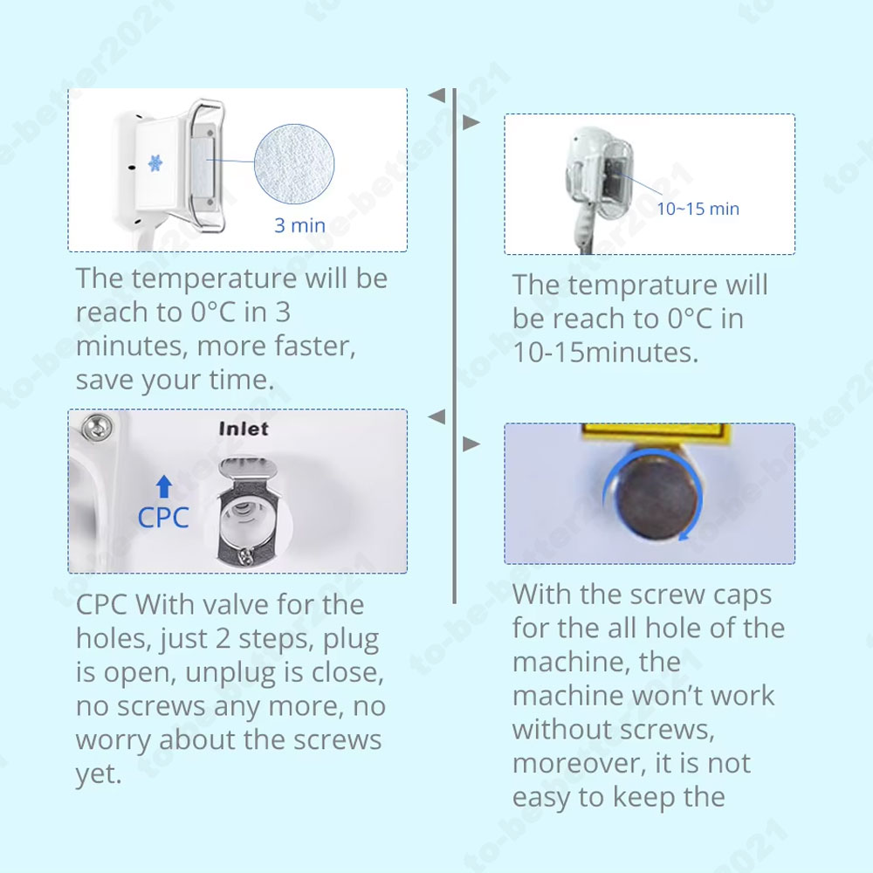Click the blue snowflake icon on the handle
tap(155, 163)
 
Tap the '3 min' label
tap(299, 225)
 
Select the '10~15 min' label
tap(698, 209)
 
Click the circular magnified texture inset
tap(294, 164)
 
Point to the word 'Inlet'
tap(244, 429)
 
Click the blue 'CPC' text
tap(163, 518)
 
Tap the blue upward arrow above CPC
tap(164, 486)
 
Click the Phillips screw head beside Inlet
tap(96, 428)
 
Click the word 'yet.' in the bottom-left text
tap(99, 773)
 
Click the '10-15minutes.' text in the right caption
tap(605, 353)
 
